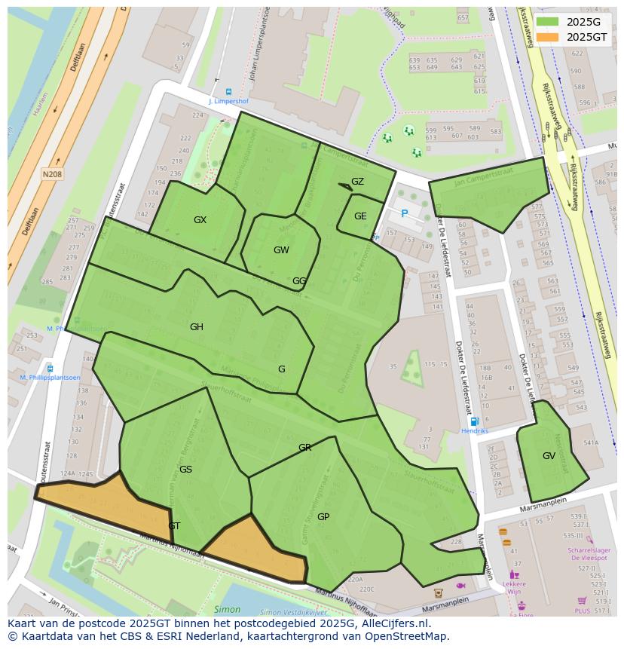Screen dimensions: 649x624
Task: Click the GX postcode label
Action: pyautogui.click(x=200, y=220)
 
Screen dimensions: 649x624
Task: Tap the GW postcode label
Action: pyautogui.click(x=281, y=250)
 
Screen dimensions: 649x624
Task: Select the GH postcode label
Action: pyautogui.click(x=197, y=327)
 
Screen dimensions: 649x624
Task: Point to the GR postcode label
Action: pyautogui.click(x=304, y=448)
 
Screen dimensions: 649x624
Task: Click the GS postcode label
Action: pyautogui.click(x=185, y=470)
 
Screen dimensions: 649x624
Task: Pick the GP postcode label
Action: pyautogui.click(x=323, y=517)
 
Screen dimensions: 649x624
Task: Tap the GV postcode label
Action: pyautogui.click(x=549, y=456)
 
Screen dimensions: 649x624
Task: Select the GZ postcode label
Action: pyautogui.click(x=357, y=182)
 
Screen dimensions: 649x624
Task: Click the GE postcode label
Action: pyautogui.click(x=360, y=216)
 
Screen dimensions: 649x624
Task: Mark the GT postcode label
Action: pyautogui.click(x=174, y=526)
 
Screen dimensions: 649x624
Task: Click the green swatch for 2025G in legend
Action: pyautogui.click(x=548, y=22)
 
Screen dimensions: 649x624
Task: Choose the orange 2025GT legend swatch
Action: pyautogui.click(x=548, y=37)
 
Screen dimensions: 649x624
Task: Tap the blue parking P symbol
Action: pyautogui.click(x=404, y=214)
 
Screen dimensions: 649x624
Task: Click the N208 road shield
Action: pyautogui.click(x=52, y=174)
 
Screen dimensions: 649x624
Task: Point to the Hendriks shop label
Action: pyautogui.click(x=475, y=430)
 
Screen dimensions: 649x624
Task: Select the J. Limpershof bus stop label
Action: pyautogui.click(x=228, y=100)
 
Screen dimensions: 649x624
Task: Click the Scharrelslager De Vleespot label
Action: pyautogui.click(x=588, y=554)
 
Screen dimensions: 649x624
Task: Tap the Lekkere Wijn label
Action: pyautogui.click(x=514, y=588)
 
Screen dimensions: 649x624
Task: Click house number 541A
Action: pyautogui.click(x=590, y=443)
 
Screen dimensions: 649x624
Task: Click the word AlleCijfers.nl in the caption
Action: pyautogui.click(x=393, y=623)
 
